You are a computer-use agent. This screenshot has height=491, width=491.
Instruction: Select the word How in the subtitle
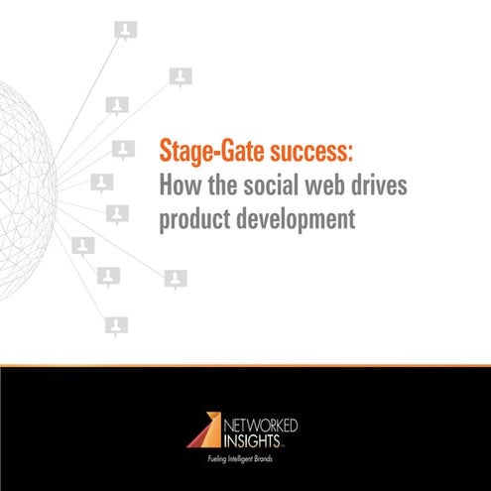(180, 186)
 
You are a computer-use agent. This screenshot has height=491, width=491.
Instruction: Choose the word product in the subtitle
(194, 218)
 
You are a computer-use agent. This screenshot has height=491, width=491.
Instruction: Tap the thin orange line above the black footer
(245, 364)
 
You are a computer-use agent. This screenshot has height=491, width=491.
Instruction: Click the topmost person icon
(126, 31)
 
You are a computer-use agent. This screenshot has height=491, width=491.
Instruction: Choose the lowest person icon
(117, 325)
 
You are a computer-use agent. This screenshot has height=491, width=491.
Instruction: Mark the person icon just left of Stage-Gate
(122, 150)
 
